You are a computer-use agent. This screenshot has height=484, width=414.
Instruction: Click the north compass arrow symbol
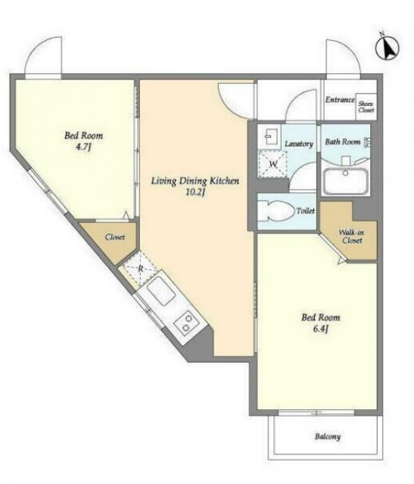coord(388,48)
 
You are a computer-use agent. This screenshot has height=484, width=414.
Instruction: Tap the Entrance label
coord(340,100)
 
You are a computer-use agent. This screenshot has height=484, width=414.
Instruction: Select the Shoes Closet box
coord(366,107)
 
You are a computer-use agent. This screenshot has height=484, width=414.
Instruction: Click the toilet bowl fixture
coord(276,211)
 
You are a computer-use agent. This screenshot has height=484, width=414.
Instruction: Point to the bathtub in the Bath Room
coord(345,181)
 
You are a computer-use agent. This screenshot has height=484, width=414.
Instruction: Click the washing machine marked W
coord(273,164)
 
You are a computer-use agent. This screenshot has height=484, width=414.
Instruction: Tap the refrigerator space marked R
coord(140,269)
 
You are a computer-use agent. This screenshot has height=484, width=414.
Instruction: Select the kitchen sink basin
coord(161,291)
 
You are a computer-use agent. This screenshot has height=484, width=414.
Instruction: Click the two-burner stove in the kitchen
coord(187,323)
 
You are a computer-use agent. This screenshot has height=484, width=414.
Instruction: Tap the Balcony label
coord(328,436)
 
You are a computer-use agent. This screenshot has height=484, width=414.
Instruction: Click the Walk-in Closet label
coord(352,237)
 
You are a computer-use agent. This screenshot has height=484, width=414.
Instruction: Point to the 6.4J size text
coord(320,329)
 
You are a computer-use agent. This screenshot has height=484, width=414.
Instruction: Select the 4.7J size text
coord(83,147)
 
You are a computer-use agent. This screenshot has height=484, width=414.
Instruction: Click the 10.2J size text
coord(195,192)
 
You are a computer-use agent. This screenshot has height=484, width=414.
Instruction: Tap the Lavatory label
coord(299,144)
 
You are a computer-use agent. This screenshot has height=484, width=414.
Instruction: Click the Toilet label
coord(306,211)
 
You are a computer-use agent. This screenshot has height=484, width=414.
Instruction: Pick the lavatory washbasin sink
coord(268,135)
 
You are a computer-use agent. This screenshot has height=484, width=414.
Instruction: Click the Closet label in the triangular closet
coord(115,237)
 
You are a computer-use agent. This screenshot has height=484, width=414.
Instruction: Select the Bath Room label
coord(343,141)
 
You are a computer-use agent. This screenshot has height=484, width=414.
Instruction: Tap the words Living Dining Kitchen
coord(195,181)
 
